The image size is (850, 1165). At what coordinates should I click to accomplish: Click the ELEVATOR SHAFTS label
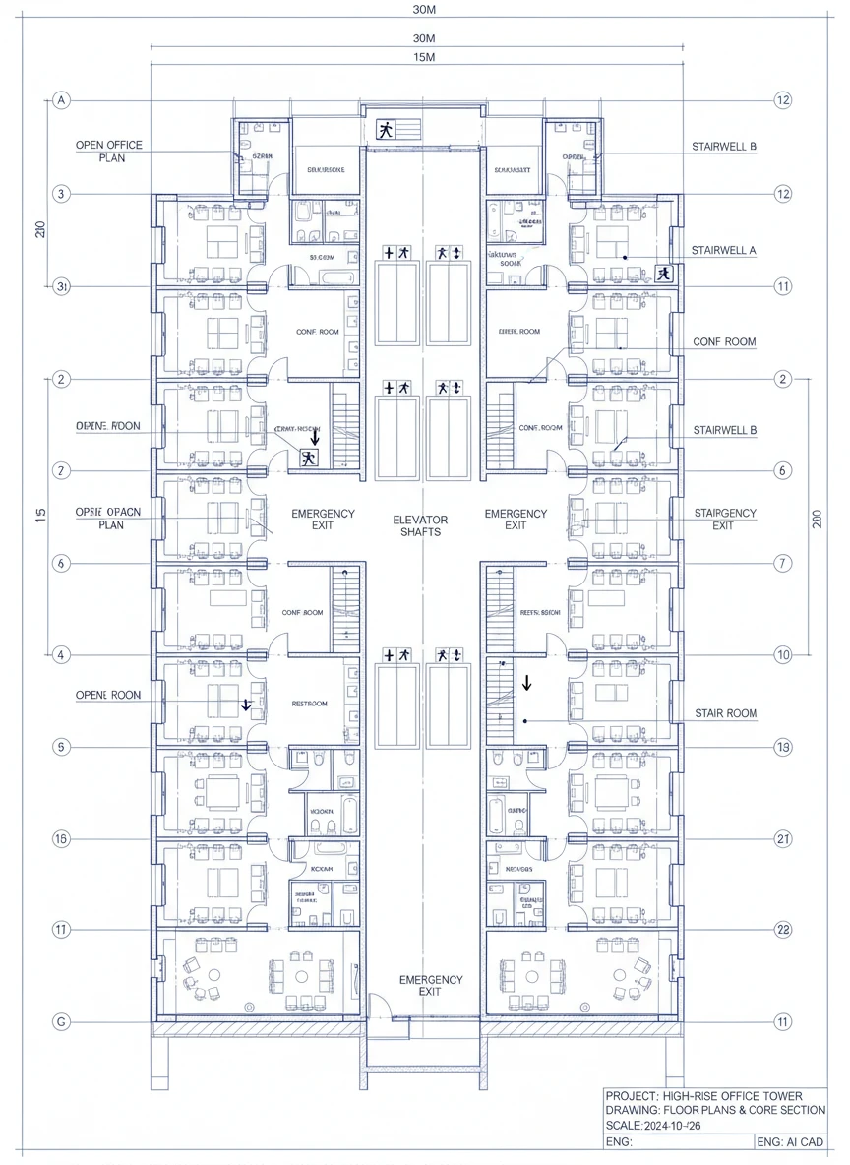420,525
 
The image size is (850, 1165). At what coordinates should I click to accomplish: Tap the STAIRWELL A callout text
724,250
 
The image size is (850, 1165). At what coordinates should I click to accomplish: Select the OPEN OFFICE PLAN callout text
108,151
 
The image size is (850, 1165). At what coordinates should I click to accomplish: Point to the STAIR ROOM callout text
725,712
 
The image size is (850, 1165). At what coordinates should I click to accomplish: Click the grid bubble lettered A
62,100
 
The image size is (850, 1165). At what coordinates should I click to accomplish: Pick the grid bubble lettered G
62,1022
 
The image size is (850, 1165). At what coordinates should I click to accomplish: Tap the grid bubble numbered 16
62,838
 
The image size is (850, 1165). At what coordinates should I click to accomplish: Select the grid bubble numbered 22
783,930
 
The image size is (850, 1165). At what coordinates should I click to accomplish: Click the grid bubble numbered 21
783,838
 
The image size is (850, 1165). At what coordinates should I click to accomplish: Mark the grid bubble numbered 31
62,286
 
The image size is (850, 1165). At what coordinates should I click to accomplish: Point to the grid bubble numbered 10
783,654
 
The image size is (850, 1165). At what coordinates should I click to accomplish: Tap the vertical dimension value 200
817,519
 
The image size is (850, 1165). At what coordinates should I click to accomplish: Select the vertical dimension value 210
40,229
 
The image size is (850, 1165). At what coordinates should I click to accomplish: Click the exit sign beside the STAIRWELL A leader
665,274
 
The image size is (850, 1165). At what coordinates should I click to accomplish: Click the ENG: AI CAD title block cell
791,1142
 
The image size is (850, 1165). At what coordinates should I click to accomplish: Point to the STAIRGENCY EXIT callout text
725,519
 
